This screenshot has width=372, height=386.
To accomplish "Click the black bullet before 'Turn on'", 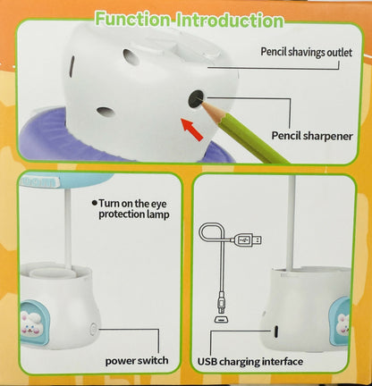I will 94,204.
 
